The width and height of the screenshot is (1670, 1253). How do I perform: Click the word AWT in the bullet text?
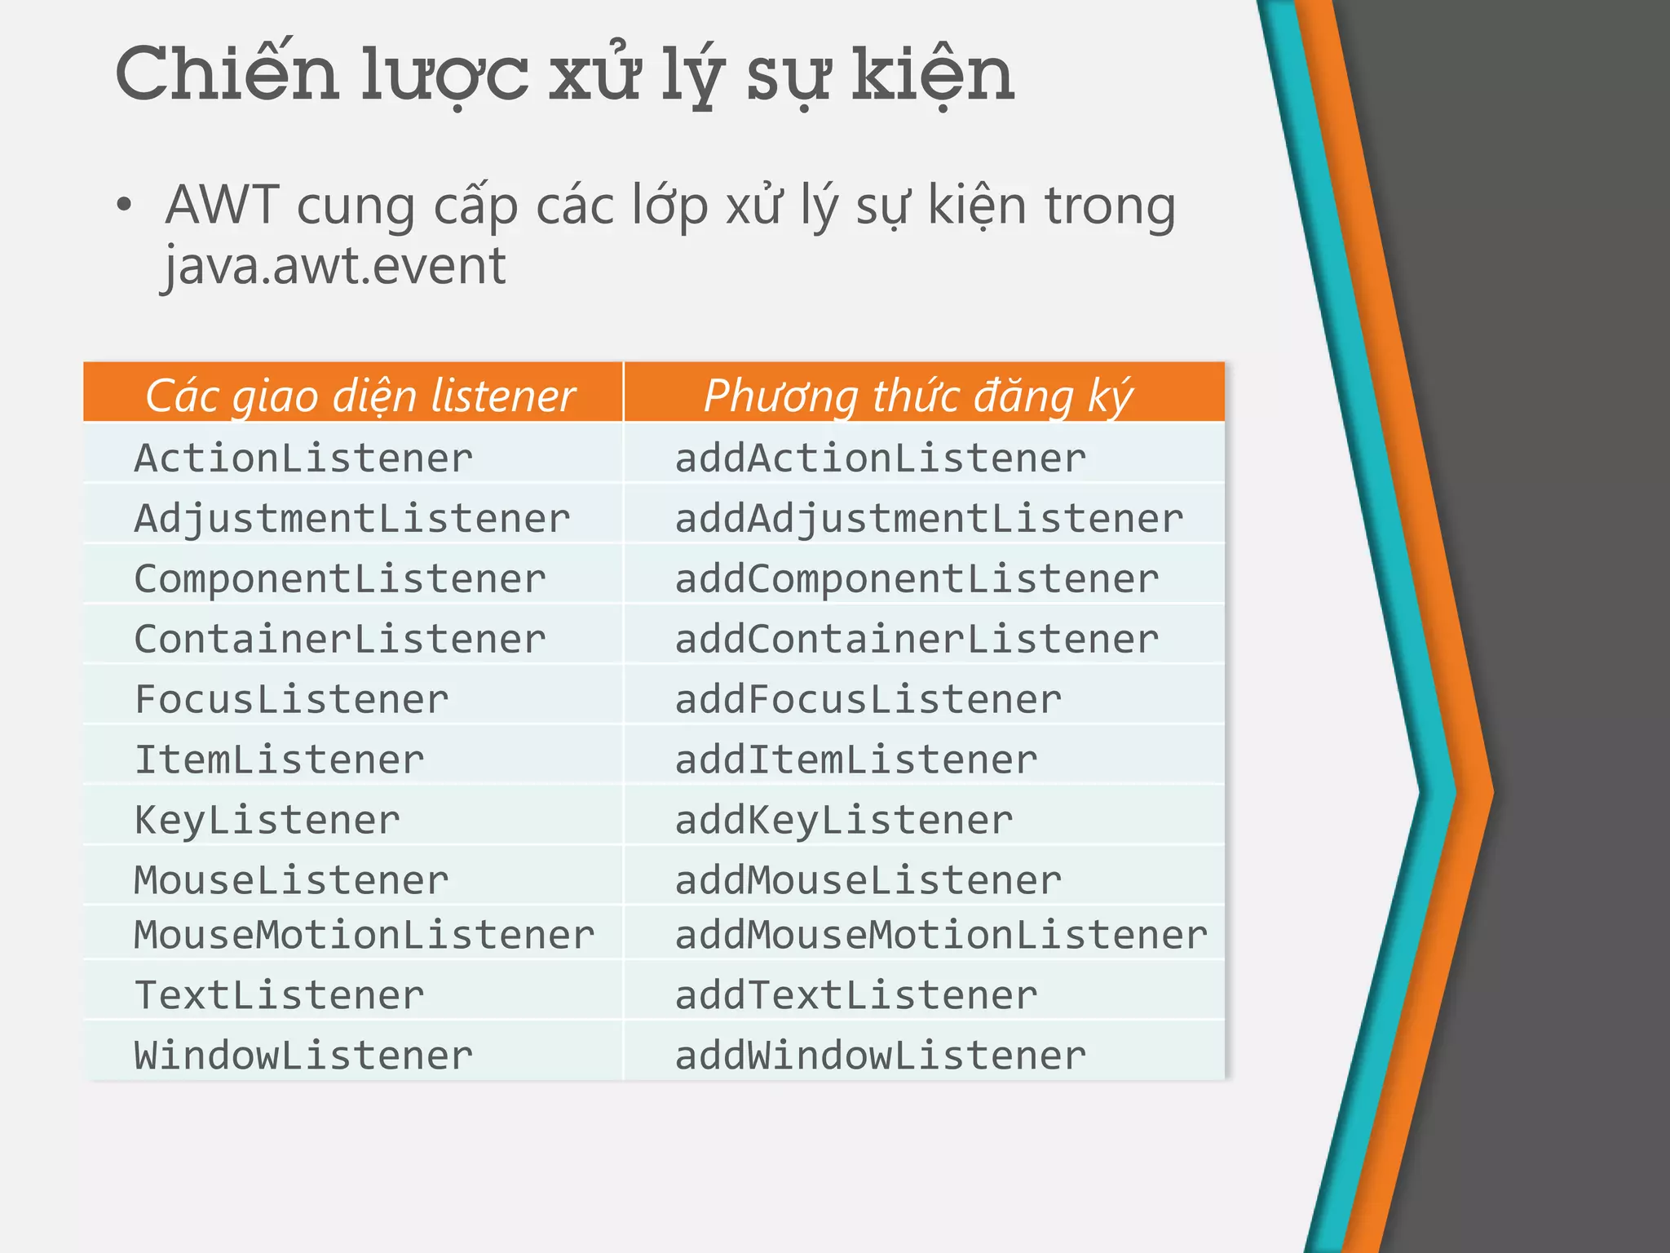point(223,205)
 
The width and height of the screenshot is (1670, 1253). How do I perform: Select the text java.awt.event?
point(334,266)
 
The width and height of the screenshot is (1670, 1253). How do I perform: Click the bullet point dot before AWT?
point(123,205)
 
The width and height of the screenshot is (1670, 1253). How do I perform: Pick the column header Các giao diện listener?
point(360,396)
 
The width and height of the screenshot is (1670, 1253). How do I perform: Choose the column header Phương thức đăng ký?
point(918,396)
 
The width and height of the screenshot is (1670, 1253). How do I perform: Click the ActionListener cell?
point(303,458)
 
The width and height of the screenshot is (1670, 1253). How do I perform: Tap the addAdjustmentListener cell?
point(929,519)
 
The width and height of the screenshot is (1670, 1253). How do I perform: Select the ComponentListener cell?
point(340,579)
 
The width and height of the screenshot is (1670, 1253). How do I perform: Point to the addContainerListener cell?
point(917,640)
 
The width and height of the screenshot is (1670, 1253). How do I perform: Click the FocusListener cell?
point(291,700)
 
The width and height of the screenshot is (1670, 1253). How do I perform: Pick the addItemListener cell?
point(856,760)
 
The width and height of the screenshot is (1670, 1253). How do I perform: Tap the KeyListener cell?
point(267,821)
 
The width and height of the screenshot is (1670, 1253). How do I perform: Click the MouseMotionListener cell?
point(364,935)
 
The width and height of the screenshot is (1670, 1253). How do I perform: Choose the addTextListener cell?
point(856,995)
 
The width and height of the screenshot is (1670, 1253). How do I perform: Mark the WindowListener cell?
point(303,1056)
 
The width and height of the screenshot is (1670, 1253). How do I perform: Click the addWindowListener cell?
point(881,1056)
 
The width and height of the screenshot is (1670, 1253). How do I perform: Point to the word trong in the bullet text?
point(1110,205)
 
